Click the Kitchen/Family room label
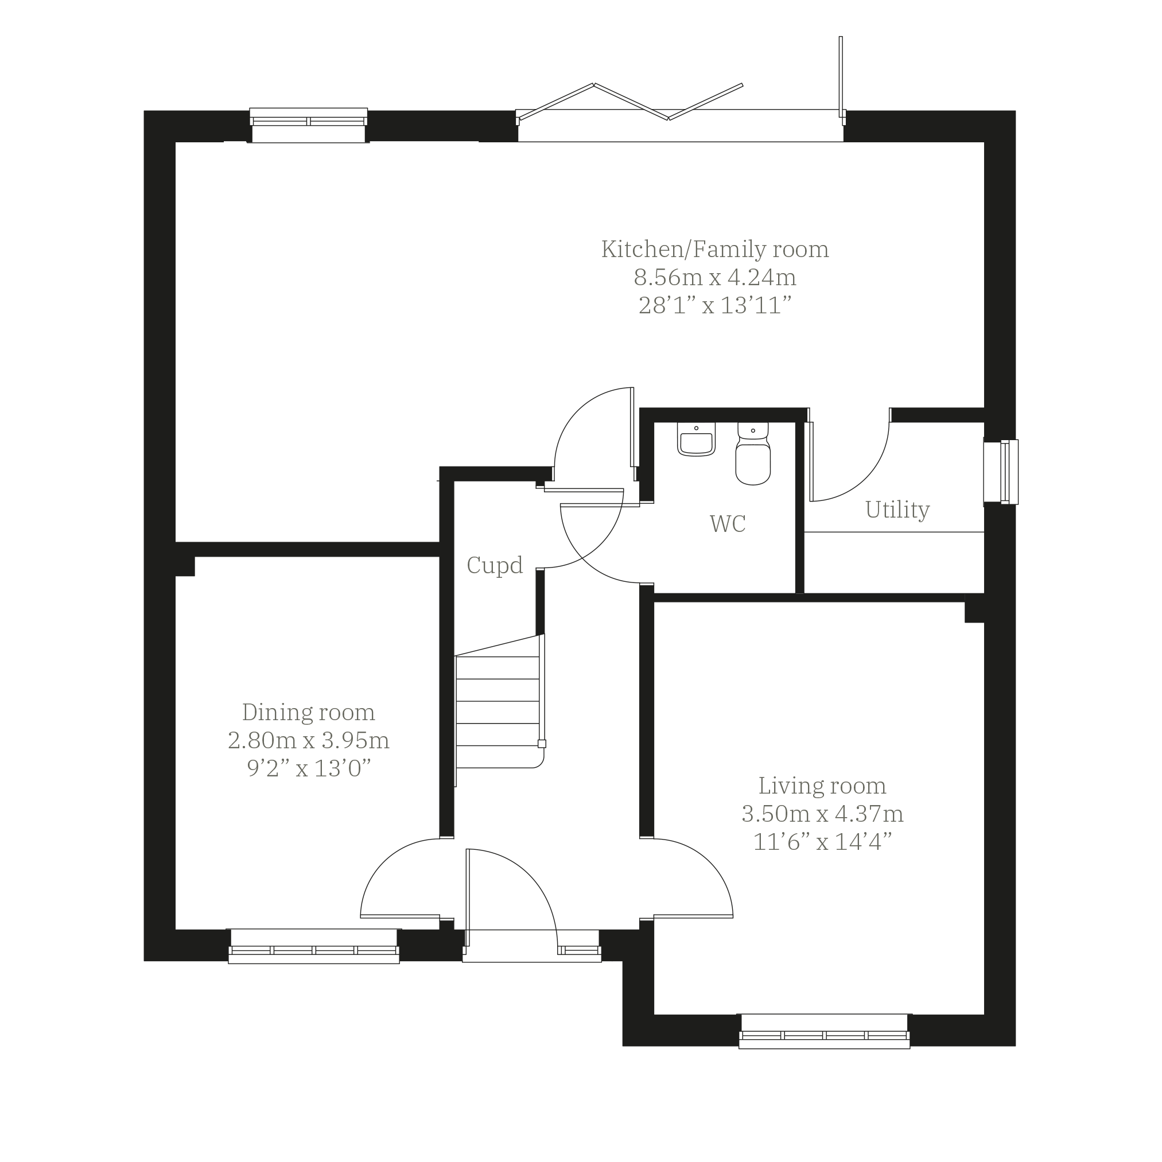715,250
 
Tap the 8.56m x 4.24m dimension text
715,278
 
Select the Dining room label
309,713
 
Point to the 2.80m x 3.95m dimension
309,740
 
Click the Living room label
822,786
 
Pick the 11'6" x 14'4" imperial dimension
822,842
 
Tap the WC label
728,524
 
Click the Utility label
897,510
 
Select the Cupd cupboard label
495,566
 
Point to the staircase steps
498,712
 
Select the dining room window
313,946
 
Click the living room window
824,1031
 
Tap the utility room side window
1001,472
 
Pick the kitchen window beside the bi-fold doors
309,125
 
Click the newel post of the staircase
541,743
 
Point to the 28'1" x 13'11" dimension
715,305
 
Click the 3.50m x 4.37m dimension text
822,814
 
